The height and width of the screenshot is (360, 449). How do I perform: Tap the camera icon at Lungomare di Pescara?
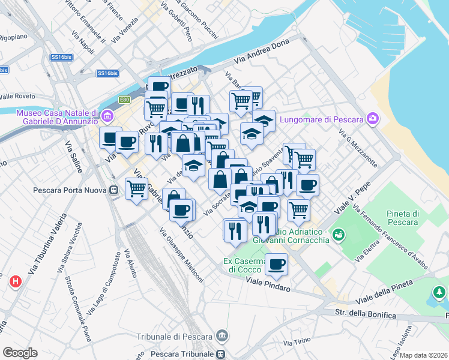(x=373, y=119)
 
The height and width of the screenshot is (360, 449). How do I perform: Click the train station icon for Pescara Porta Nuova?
(x=113, y=191)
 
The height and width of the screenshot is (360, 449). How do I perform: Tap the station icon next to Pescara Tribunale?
(x=221, y=353)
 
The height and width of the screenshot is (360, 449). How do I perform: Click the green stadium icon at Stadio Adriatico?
(x=338, y=235)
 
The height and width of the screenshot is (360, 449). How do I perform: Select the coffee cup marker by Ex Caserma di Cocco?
(x=276, y=264)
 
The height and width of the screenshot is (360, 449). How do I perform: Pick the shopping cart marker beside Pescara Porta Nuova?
(x=137, y=189)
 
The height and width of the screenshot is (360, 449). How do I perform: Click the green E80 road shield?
(x=124, y=100)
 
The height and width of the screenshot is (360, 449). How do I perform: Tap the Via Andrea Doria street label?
(x=262, y=51)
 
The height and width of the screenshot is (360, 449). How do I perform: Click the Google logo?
(x=20, y=353)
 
